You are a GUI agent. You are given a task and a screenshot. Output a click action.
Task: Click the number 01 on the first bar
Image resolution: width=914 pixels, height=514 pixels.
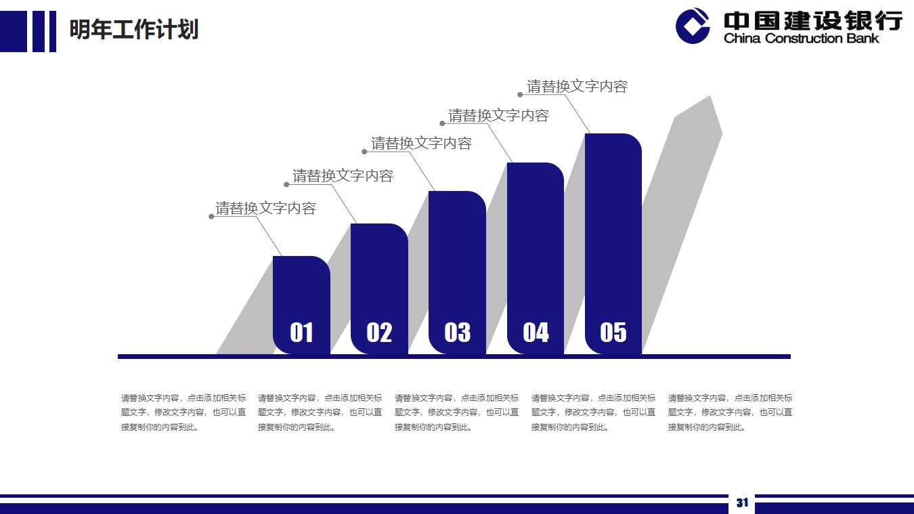coord(301,333)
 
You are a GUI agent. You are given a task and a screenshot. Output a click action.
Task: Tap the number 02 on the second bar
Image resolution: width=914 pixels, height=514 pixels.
coord(379,333)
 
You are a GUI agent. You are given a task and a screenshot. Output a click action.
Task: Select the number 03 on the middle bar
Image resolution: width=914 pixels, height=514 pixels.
coord(457,333)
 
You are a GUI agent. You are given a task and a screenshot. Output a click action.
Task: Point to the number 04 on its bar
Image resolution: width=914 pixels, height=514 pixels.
coord(536,333)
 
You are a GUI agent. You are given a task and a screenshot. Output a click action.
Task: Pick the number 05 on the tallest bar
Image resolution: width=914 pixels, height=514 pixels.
coord(613,333)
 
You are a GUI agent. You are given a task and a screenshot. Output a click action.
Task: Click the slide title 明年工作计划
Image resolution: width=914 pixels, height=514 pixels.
coord(134,30)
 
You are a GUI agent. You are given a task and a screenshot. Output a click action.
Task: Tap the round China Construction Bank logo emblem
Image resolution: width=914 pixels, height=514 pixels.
coord(693,26)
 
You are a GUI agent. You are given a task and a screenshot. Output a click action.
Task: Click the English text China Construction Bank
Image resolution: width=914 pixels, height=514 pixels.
coord(801,39)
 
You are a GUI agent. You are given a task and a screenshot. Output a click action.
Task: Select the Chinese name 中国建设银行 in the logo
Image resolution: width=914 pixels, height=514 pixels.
coord(812,20)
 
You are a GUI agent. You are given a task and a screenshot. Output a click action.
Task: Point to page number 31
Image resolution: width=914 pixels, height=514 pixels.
coord(742,502)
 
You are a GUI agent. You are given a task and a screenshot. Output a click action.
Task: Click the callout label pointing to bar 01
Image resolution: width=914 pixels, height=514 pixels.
coord(265,208)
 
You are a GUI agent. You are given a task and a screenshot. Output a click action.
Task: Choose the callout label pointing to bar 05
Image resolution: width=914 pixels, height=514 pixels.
coord(577,86)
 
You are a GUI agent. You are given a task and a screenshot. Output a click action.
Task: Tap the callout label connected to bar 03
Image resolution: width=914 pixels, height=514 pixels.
coord(421,144)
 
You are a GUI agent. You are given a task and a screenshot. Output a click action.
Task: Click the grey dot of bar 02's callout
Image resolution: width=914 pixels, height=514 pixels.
coord(286,184)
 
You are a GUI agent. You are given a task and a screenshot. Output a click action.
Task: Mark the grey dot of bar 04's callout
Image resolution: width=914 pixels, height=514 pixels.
coord(443,123)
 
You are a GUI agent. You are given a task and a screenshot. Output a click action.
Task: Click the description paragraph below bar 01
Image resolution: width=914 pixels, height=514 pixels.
coord(183,412)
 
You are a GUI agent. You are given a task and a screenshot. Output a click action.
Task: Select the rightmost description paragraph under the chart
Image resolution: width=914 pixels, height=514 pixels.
coord(730,412)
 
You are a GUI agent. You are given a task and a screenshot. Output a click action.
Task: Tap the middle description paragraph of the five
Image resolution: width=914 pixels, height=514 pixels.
coord(457,412)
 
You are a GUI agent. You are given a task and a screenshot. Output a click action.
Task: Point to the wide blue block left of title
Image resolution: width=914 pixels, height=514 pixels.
coord(13,31)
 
